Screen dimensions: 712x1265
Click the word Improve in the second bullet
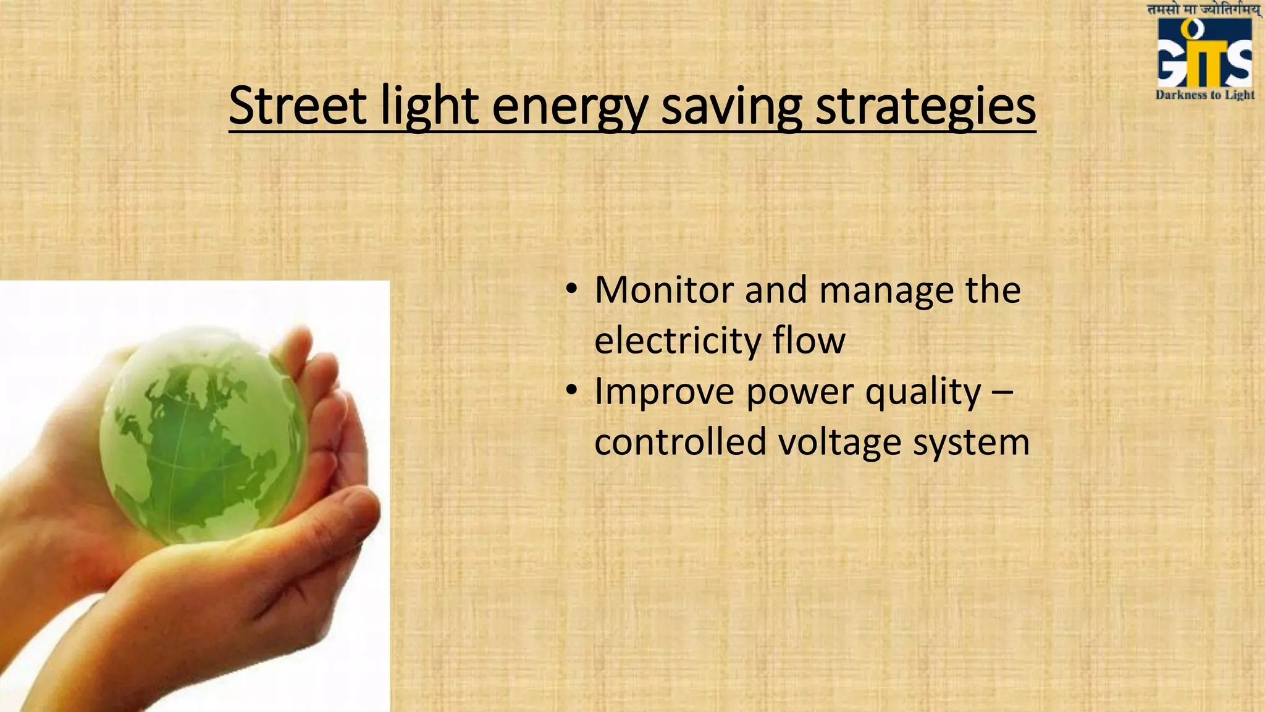(x=664, y=392)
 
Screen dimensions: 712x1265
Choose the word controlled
(x=680, y=442)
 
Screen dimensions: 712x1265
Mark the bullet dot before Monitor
(x=571, y=289)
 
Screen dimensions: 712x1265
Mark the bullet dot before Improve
(x=571, y=391)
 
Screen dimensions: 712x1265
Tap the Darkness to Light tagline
(x=1204, y=95)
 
